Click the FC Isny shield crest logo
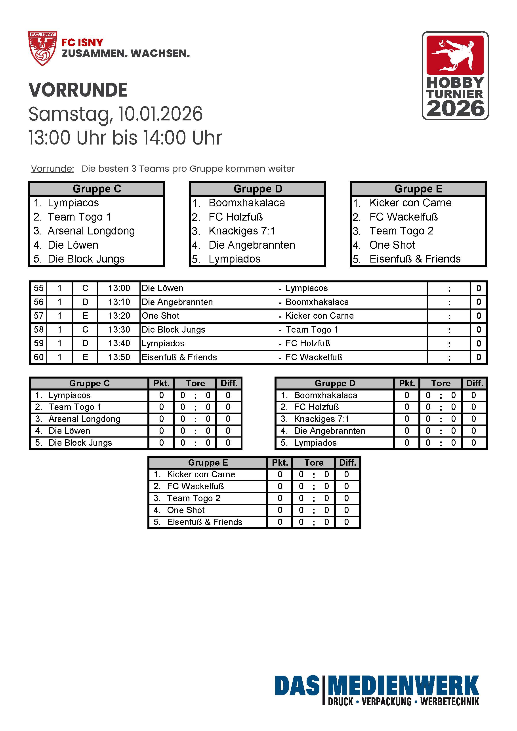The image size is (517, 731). pyautogui.click(x=42, y=48)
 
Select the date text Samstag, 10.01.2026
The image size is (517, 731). pyautogui.click(x=115, y=114)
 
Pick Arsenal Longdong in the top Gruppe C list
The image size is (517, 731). pyautogui.click(x=91, y=231)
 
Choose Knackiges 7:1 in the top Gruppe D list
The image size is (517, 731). pyautogui.click(x=242, y=231)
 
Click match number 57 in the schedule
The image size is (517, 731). pyautogui.click(x=38, y=316)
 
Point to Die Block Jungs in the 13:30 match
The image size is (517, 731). pyautogui.click(x=173, y=329)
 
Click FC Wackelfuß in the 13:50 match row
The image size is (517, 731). pyautogui.click(x=314, y=357)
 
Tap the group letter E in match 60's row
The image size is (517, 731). pyautogui.click(x=85, y=357)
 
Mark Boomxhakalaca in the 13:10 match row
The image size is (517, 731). pyautogui.click(x=317, y=302)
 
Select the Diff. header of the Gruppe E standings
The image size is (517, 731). pyautogui.click(x=347, y=463)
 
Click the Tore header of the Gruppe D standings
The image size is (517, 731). pyautogui.click(x=441, y=383)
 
